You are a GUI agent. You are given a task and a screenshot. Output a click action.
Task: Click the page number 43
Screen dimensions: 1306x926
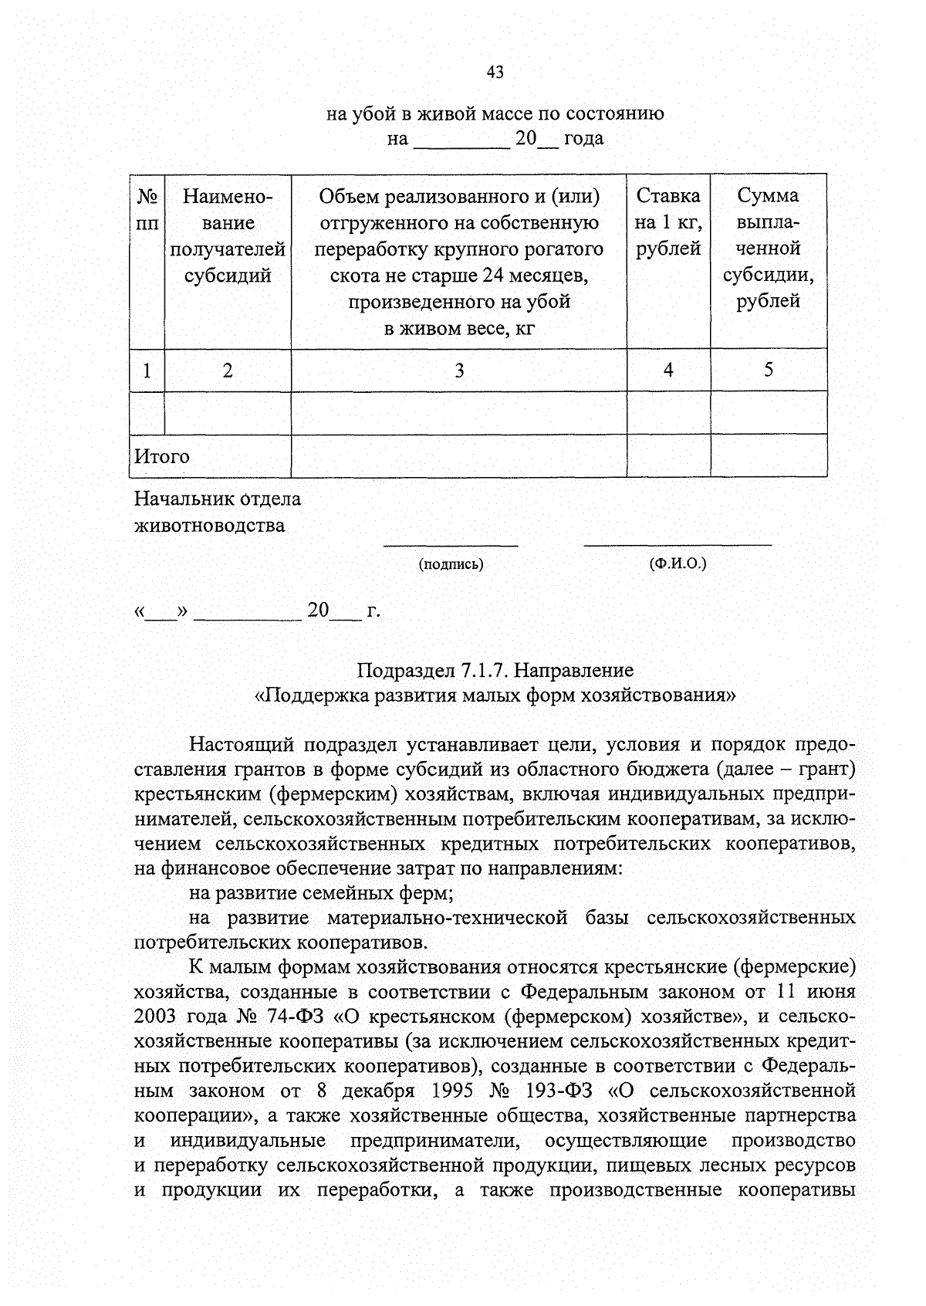point(495,72)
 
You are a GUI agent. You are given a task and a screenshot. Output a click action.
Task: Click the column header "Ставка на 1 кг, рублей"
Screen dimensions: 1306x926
point(668,222)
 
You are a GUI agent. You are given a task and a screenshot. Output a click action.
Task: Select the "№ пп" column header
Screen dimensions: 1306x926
point(147,209)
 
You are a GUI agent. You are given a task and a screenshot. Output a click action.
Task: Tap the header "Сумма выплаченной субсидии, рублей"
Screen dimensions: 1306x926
point(768,248)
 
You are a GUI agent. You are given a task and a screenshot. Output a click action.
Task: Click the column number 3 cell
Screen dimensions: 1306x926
point(459,370)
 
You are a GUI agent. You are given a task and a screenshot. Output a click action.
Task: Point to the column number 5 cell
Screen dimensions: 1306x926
point(769,370)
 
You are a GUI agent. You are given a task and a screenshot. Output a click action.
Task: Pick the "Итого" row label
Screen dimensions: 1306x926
point(162,456)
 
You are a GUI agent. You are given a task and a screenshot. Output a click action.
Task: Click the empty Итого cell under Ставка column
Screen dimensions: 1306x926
point(668,456)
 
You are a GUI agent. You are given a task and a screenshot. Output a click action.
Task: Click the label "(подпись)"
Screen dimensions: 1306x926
point(451,564)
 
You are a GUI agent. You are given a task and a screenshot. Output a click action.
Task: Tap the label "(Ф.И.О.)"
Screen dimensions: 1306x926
point(678,563)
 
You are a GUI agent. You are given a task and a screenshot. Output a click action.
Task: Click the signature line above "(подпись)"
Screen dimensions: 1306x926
point(451,546)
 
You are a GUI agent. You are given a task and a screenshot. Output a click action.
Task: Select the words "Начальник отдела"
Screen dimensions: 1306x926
point(218,499)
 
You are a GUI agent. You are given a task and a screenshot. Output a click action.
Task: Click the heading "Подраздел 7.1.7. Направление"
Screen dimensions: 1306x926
point(495,669)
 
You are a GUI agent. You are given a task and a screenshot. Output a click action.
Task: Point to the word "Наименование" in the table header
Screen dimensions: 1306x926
point(228,209)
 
